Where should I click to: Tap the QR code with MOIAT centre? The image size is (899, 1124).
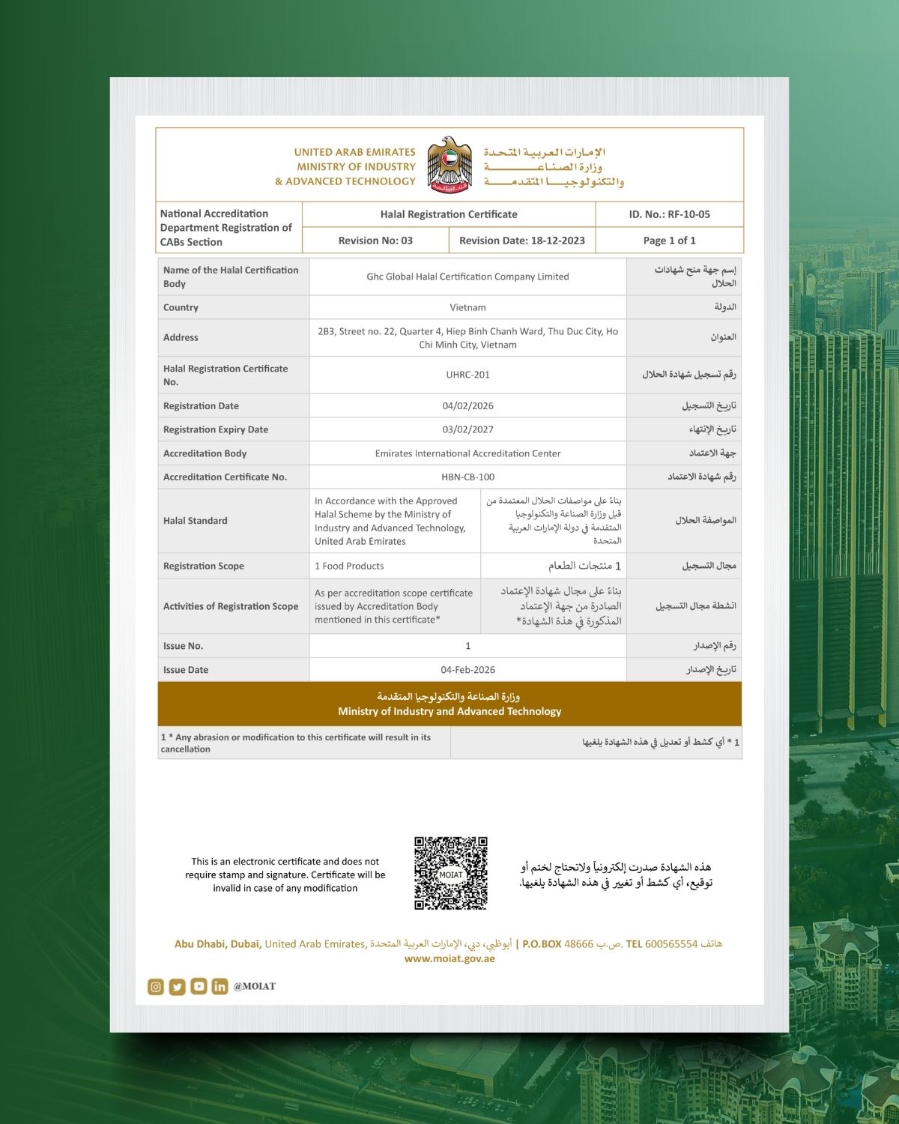pos(451,874)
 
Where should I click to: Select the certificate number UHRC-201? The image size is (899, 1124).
pos(467,375)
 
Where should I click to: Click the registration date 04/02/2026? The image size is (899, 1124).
pos(467,406)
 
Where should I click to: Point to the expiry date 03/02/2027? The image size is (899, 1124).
pos(467,429)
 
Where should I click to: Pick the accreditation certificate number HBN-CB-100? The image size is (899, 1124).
pos(467,477)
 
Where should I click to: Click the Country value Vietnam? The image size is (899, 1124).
pos(467,307)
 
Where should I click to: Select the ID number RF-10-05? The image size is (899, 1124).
pos(669,214)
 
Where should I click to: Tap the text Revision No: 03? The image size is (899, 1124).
pos(375,241)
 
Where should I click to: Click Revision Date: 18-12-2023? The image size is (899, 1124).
pos(521,241)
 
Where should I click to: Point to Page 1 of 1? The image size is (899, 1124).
pos(669,241)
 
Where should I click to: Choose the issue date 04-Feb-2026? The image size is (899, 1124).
pos(467,670)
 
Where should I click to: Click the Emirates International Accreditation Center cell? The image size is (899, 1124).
pos(467,453)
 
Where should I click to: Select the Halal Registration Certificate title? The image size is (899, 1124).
pos(448,214)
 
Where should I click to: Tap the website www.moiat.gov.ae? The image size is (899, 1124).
pos(449,958)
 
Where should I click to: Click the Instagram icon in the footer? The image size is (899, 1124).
pos(156,987)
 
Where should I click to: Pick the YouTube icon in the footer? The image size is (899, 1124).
pos(199,986)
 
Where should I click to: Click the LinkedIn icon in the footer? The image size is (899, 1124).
pos(220,987)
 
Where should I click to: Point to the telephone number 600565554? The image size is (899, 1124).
pos(671,944)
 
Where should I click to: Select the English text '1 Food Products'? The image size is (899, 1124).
pos(349,566)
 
